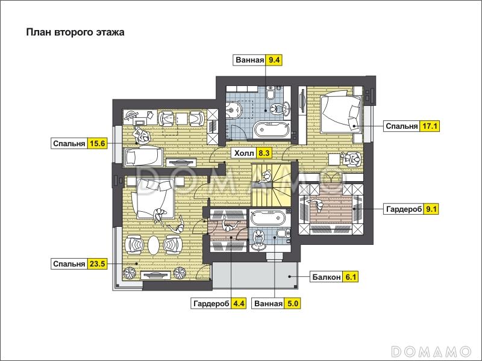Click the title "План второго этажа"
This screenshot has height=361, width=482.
pos(75,32)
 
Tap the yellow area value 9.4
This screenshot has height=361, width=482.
pos(274,60)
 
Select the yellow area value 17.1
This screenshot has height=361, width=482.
pos(430,126)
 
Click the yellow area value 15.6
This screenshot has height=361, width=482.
pos(98,143)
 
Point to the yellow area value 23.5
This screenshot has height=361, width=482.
pos(98,264)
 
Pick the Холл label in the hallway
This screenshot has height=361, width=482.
pos(245,153)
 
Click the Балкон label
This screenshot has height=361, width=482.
pos(327,277)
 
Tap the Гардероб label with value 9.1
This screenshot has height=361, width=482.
pos(404,209)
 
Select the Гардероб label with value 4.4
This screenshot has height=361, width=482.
pos(211,304)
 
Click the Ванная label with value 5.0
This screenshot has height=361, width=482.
pos(268,304)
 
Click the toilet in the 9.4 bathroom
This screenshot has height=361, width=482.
pos(271,93)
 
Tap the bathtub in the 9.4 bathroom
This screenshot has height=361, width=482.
pos(272,130)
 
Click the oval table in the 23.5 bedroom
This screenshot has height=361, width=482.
pos(154,245)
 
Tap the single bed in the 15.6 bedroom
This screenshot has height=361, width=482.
pos(143,157)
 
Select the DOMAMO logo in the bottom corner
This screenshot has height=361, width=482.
pos(431,351)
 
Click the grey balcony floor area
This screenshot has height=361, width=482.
pos(255,275)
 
